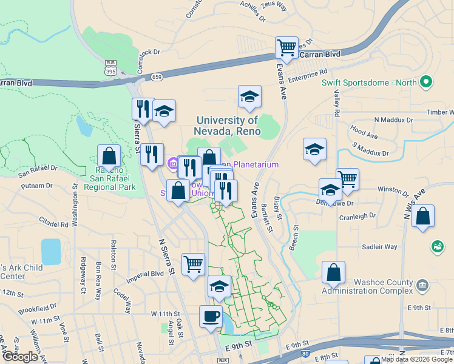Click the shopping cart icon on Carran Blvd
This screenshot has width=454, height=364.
click(286, 47)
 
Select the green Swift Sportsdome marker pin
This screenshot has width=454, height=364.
click(426, 82)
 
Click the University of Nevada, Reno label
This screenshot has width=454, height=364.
click(227, 126)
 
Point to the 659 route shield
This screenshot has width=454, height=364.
click(157, 77)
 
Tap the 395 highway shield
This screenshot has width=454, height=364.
click(110, 67)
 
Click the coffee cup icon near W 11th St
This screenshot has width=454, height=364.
click(211, 316)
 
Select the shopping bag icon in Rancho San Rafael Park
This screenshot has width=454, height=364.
click(109, 156)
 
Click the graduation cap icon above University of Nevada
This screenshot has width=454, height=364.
click(249, 96)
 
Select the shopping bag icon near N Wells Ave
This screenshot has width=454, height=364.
click(422, 216)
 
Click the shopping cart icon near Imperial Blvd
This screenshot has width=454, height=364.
click(193, 264)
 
